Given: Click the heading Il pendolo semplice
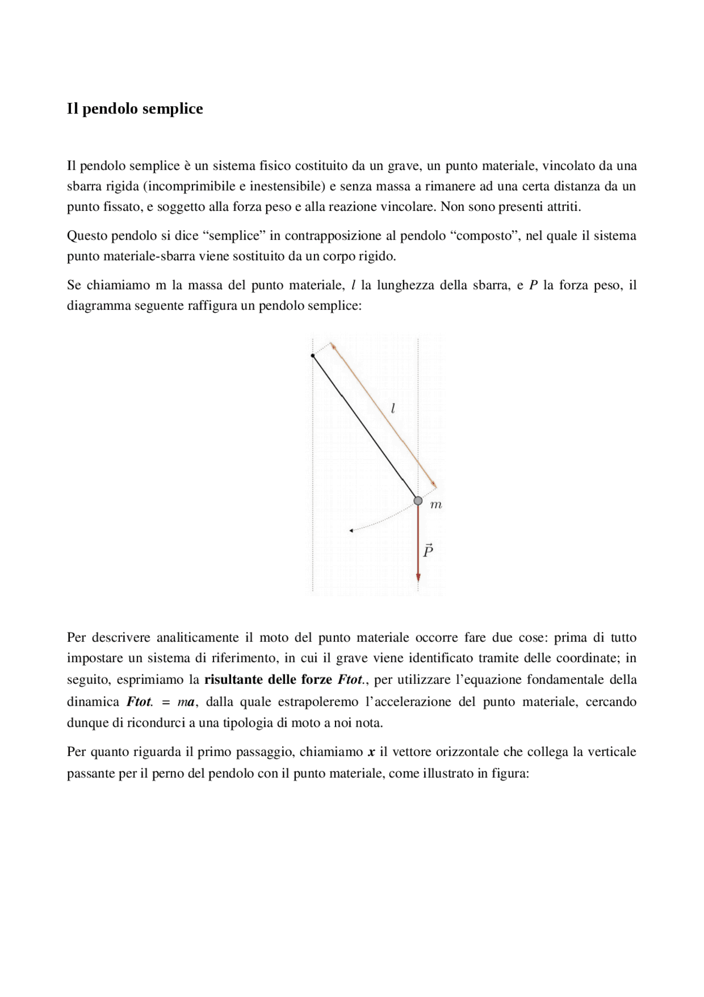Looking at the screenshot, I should [135, 108].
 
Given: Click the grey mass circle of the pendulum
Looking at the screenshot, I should [418, 500].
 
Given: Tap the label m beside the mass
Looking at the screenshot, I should [436, 505].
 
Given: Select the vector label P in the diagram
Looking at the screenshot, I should [428, 550].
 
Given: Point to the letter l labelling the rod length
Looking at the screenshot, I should [393, 408].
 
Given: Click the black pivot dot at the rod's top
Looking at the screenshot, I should [312, 356].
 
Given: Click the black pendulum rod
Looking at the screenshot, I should [363, 427].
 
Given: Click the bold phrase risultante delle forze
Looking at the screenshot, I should [268, 679].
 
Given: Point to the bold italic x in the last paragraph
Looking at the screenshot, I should [371, 752].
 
